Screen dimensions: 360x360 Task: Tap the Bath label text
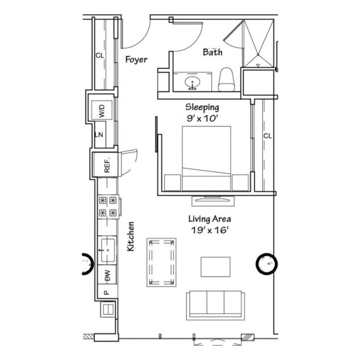tap(213, 52)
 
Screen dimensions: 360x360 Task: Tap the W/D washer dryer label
tap(102, 111)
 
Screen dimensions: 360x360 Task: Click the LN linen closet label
tap(98, 135)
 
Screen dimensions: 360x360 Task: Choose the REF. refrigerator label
tap(106, 166)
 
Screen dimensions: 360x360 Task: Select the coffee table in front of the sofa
tap(215, 267)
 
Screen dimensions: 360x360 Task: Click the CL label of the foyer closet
tap(99, 56)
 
